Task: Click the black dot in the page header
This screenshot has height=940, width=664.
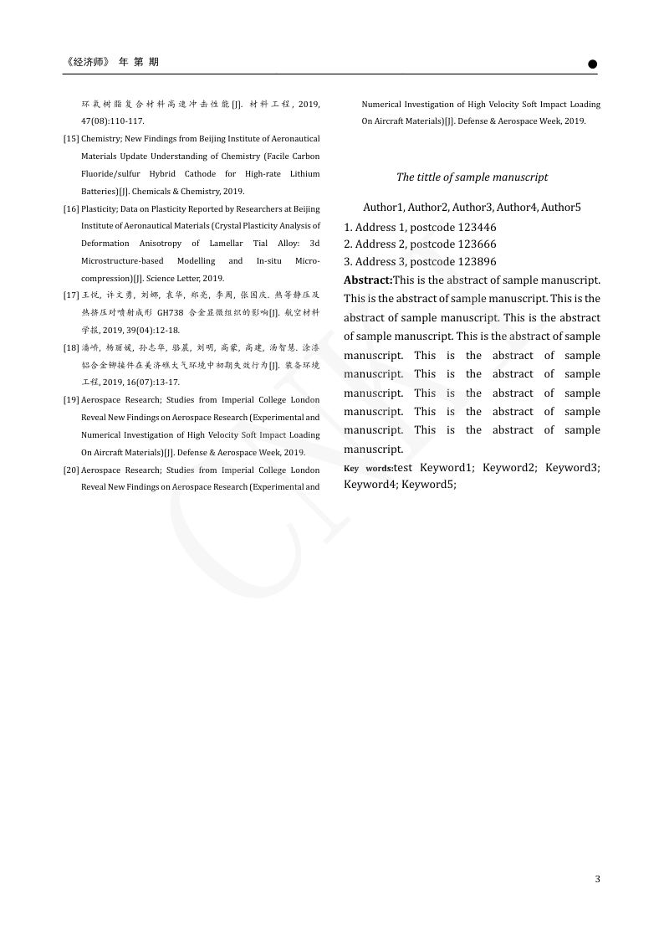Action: pyautogui.click(x=592, y=64)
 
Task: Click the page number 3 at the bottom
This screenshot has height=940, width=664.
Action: pyautogui.click(x=597, y=879)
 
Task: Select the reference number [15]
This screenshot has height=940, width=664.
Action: pyautogui.click(x=71, y=139)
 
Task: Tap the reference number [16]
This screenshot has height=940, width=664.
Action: pyautogui.click(x=71, y=208)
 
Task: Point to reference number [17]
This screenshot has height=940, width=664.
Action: pyautogui.click(x=71, y=295)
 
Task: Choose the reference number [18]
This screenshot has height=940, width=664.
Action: pyautogui.click(x=71, y=347)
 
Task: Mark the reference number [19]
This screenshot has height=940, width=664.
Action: pyautogui.click(x=71, y=400)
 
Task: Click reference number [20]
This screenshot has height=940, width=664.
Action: pyautogui.click(x=71, y=470)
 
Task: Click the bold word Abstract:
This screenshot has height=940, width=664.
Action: pyautogui.click(x=368, y=280)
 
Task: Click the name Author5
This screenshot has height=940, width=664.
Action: pyautogui.click(x=560, y=207)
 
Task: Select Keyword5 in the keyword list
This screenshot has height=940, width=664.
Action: pyautogui.click(x=428, y=485)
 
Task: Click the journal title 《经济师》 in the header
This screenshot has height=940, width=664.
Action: pyautogui.click(x=87, y=62)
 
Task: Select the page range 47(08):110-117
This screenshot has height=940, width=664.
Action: pyautogui.click(x=113, y=121)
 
